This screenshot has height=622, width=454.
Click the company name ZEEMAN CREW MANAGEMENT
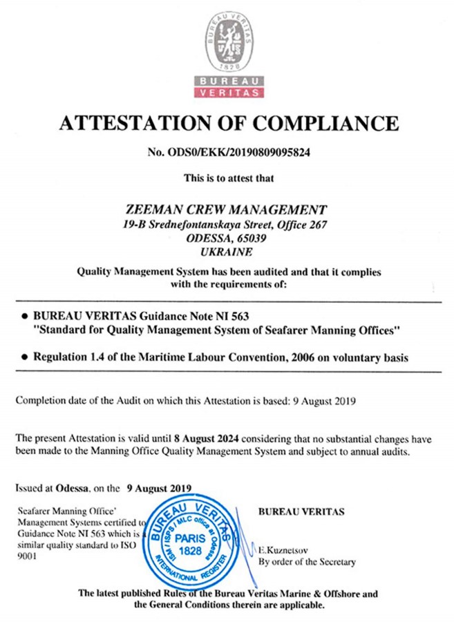point(227,209)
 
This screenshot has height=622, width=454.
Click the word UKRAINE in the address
point(227,252)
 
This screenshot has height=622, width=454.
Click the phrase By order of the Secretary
point(307,562)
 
